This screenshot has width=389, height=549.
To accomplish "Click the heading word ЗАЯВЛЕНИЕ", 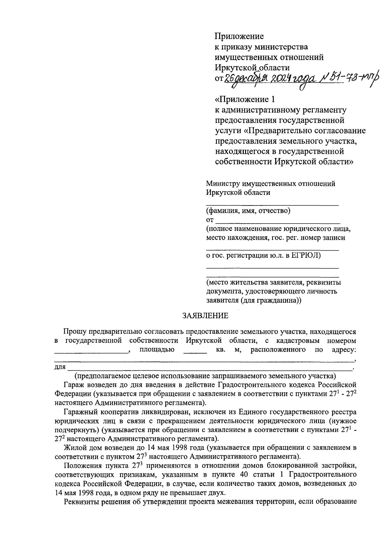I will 205,316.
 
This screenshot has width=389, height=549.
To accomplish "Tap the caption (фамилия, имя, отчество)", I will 248,211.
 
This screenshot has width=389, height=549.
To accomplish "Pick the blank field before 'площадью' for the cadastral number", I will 91,352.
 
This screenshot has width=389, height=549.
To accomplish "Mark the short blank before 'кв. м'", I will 195,352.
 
